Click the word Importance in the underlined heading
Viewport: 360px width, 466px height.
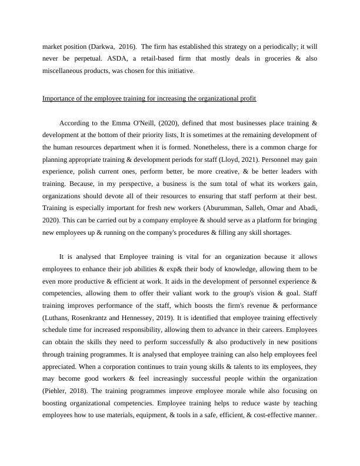point(59,98)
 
